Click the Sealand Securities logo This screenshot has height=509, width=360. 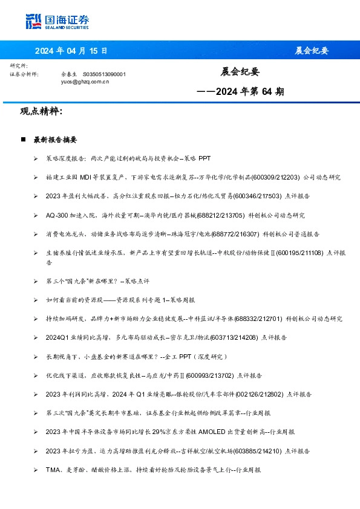(x=58, y=21)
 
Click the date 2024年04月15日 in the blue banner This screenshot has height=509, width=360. (x=71, y=51)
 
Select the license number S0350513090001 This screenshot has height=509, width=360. (x=105, y=74)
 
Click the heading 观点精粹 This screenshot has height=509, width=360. (x=41, y=111)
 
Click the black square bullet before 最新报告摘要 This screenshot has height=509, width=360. (x=23, y=140)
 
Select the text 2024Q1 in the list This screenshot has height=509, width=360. (x=57, y=337)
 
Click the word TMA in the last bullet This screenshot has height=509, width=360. (x=52, y=469)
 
